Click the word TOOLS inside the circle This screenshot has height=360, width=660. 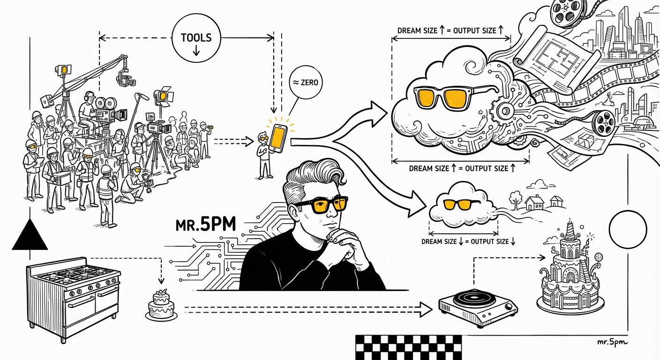point(196,37)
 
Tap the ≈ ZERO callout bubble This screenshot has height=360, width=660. point(306,82)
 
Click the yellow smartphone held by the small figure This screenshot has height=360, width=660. point(278,138)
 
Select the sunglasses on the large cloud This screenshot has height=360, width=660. point(456,97)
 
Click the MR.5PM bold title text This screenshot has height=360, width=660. point(206,225)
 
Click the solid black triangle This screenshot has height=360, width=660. point(30,236)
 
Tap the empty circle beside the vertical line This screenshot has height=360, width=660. point(628,230)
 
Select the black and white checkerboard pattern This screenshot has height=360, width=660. point(408,347)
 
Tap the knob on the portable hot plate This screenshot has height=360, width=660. point(509,307)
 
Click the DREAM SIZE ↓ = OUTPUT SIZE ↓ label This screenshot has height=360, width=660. point(468,241)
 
